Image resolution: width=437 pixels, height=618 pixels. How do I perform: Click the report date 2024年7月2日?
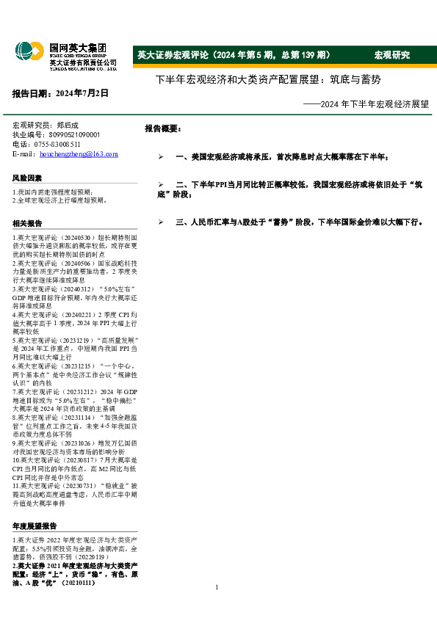60,93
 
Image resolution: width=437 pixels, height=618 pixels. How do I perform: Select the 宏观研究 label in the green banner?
391,56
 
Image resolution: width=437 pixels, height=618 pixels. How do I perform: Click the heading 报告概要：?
162,128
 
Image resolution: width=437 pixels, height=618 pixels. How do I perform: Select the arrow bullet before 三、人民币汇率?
161,221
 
